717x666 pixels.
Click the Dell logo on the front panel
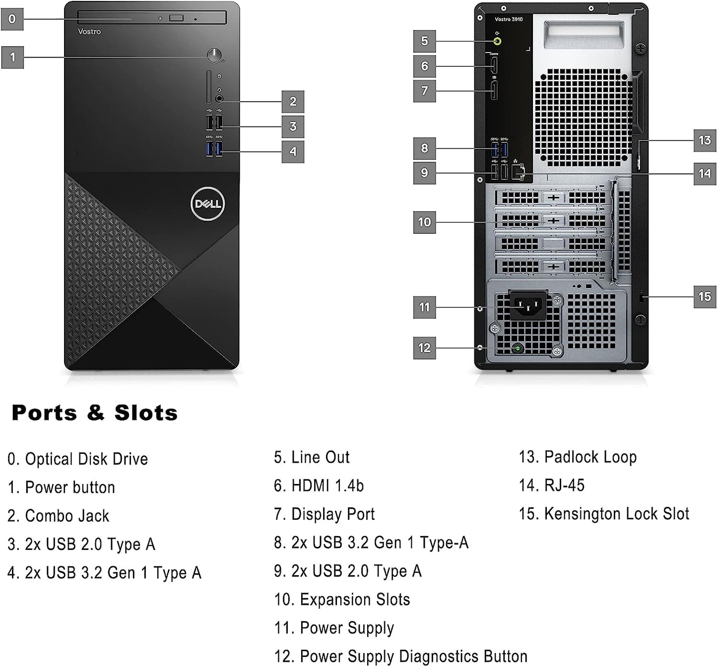pos(208,204)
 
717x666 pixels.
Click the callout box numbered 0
pos(12,19)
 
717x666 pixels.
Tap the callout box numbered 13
pos(705,140)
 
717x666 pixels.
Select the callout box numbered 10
pos(424,222)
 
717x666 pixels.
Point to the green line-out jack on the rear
pos(497,41)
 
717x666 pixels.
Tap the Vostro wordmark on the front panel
pos(89,32)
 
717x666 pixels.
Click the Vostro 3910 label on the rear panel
pos(509,19)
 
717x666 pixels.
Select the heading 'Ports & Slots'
pos(94,413)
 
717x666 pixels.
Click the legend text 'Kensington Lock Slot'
pos(616,514)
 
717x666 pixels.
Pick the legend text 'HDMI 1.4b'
pos(327,485)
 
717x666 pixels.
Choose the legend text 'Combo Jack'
pos(67,516)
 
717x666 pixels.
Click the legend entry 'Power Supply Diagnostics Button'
pos(413,656)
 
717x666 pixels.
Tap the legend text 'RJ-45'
pos(564,485)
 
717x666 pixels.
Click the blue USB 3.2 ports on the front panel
pos(214,148)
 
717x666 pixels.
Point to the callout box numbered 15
pos(705,297)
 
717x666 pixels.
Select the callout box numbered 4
pos(293,151)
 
